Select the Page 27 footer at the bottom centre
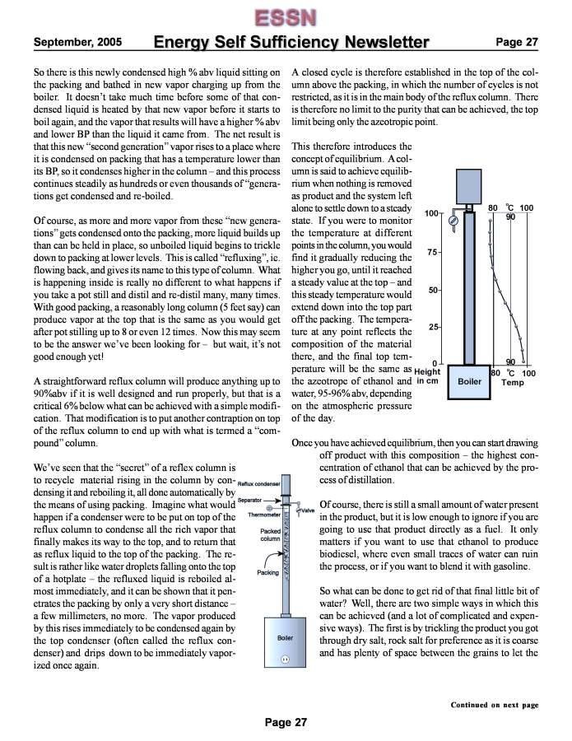pyautogui.click(x=286, y=722)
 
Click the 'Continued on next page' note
pyautogui.click(x=494, y=705)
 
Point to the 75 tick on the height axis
pyautogui.click(x=433, y=252)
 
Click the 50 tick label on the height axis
pyautogui.click(x=433, y=290)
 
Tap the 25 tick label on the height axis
pyautogui.click(x=433, y=328)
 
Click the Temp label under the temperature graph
pyautogui.click(x=513, y=383)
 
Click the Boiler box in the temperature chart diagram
pyautogui.click(x=469, y=381)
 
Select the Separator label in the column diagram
pyautogui.click(x=250, y=500)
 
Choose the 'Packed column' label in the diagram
pyautogui.click(x=271, y=535)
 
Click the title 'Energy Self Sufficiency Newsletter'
pyautogui.click(x=291, y=42)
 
